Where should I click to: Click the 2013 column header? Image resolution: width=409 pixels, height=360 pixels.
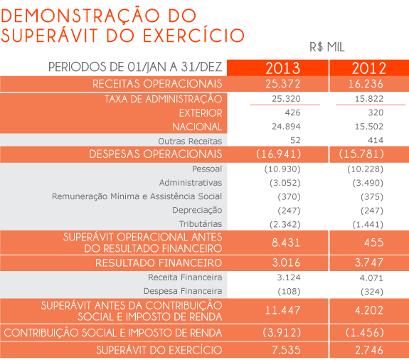click(x=283, y=68)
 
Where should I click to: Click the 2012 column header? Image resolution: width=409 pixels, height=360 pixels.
click(x=369, y=68)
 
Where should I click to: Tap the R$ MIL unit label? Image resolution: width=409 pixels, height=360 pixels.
click(x=327, y=47)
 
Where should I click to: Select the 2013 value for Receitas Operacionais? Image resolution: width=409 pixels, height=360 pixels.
click(x=283, y=84)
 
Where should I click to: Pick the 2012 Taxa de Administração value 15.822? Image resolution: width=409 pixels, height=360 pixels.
click(x=369, y=99)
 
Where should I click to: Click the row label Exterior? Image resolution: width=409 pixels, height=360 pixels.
click(x=201, y=113)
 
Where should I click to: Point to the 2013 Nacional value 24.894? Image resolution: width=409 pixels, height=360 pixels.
click(x=286, y=127)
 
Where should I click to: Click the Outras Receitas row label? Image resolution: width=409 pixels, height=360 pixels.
click(x=190, y=141)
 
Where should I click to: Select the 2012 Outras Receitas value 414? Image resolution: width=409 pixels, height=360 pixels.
click(x=376, y=140)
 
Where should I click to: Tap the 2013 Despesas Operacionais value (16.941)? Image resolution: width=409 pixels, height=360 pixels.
click(x=278, y=154)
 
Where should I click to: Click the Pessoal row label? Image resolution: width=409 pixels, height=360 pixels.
click(x=207, y=169)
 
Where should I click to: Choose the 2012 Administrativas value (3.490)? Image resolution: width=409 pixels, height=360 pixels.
click(x=368, y=183)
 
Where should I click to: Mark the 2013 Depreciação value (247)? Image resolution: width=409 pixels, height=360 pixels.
click(x=289, y=211)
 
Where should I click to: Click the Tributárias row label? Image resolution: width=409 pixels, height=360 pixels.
click(x=201, y=224)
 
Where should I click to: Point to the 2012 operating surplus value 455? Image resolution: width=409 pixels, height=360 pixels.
click(x=373, y=243)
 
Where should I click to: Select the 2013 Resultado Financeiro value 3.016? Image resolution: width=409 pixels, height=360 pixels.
click(x=286, y=263)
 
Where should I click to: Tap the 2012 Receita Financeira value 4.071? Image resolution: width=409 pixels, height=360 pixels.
click(x=371, y=277)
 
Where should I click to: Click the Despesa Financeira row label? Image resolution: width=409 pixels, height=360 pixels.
click(x=183, y=291)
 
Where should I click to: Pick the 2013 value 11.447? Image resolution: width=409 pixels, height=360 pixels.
click(x=283, y=310)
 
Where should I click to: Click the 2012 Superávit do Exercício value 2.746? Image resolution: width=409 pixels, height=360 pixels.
click(x=369, y=350)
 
